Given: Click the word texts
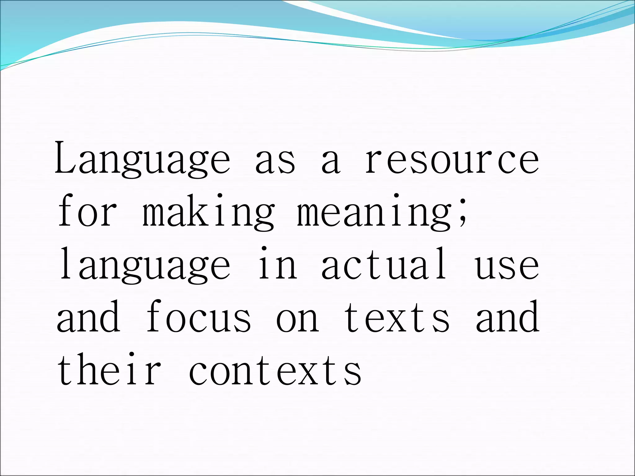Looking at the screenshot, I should point(397,317).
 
